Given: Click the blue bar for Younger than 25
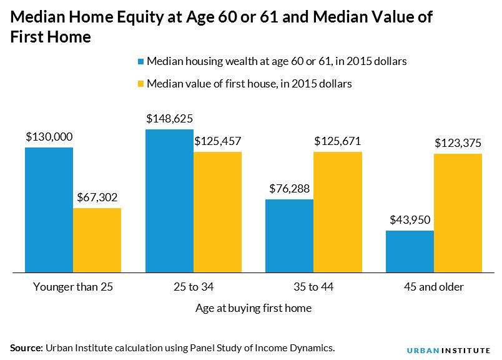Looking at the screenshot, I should coord(49,210).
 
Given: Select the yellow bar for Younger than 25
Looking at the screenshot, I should coord(97,240).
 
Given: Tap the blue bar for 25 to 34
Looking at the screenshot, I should coord(169,201).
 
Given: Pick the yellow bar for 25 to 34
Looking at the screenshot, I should coord(217,212).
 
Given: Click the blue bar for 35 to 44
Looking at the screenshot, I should coord(289,236).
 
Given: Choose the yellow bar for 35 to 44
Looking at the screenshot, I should coord(338,212).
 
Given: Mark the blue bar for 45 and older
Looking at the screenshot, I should coord(410,251).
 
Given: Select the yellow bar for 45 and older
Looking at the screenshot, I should coord(458,213).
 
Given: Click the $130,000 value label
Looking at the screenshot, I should coord(49,137).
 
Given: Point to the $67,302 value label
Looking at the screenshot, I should coord(97,197).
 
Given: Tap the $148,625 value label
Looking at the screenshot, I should coord(169,119).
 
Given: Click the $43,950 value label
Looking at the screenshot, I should coord(410,220).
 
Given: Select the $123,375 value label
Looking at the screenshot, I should coord(458,143).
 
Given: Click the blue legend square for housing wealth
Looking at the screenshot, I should coord(140,61).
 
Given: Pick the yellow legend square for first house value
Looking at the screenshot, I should coord(140,84).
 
